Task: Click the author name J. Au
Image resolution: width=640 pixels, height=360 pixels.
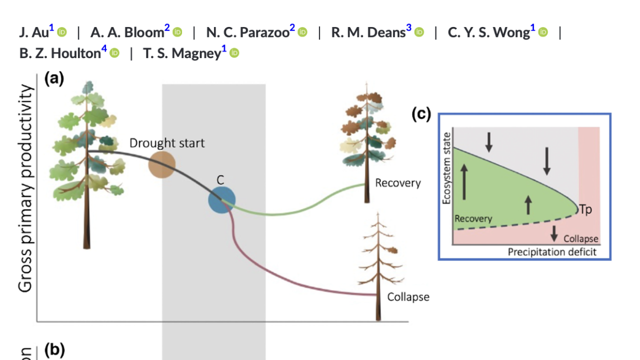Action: [x=33, y=32]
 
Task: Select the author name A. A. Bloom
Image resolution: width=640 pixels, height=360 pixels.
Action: [x=127, y=32]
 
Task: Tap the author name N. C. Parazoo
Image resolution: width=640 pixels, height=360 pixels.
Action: [x=247, y=32]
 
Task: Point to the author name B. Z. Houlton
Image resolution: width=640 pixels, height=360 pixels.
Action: [x=60, y=53]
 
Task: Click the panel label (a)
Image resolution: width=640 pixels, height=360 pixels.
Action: [x=54, y=78]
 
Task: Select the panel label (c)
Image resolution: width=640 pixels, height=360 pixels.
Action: [x=421, y=114]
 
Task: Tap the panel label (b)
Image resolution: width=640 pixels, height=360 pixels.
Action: [x=54, y=350]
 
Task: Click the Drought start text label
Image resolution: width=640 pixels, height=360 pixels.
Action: [x=167, y=143]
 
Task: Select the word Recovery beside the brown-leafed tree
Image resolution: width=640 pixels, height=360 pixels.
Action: [x=398, y=183]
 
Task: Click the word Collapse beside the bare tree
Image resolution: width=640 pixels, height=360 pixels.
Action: [x=408, y=297]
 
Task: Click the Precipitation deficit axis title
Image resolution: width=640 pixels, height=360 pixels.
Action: [x=552, y=252]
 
